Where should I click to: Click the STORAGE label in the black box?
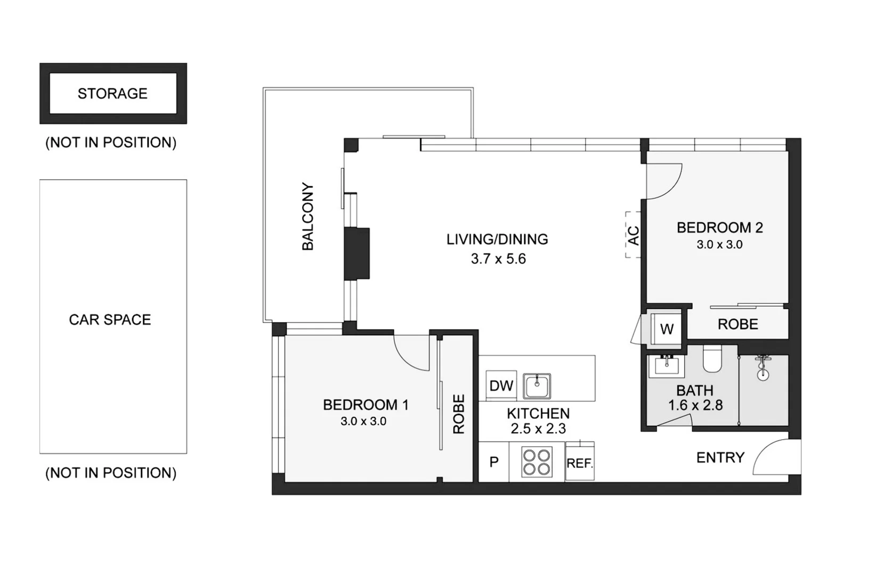tap(112, 94)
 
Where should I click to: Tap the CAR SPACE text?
tap(110, 319)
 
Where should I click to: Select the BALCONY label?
tap(308, 217)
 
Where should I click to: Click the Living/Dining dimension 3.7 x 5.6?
tap(498, 259)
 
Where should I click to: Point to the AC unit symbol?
tap(633, 235)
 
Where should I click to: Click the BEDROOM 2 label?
tap(719, 228)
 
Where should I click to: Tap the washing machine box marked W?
tap(666, 329)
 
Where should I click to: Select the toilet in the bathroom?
tap(712, 359)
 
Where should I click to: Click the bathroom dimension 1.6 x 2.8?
tap(695, 406)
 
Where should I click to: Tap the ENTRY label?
tap(720, 458)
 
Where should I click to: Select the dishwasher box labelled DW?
tap(501, 386)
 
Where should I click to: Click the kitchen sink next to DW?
tap(537, 385)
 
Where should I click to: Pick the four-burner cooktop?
tap(537, 462)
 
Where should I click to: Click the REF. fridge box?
tap(579, 463)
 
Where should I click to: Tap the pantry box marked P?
tap(494, 462)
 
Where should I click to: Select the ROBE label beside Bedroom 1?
tap(459, 414)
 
